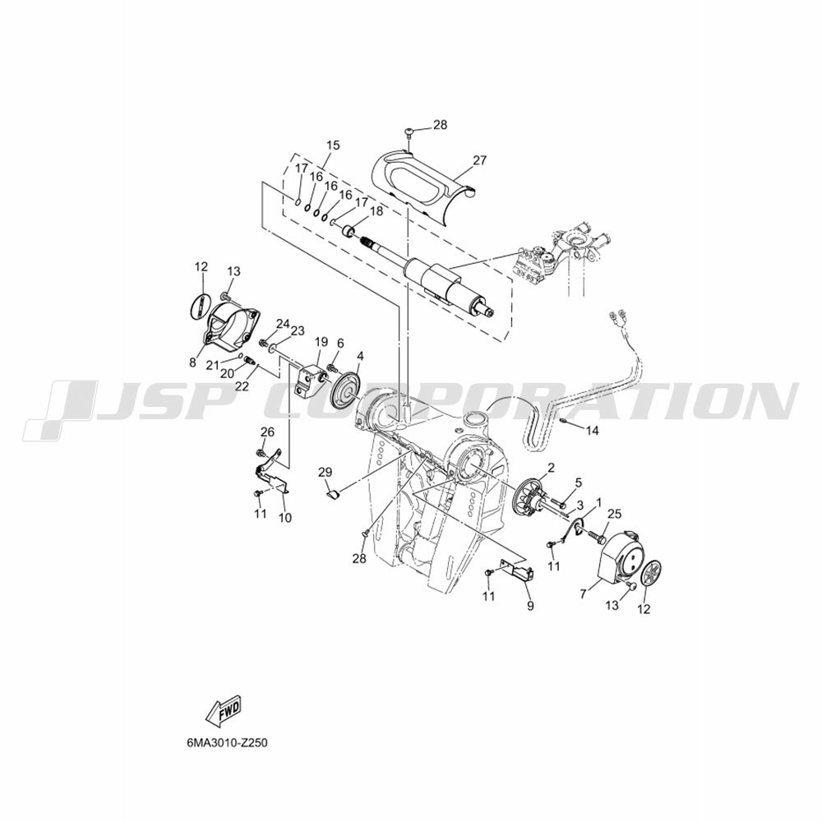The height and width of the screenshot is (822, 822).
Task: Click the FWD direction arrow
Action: [x=224, y=710]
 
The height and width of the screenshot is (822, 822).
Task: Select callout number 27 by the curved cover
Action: [x=480, y=160]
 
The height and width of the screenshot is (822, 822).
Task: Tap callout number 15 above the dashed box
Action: [x=333, y=145]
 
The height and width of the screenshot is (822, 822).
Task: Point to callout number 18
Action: [x=376, y=211]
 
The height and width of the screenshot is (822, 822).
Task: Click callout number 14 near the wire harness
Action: [x=592, y=431]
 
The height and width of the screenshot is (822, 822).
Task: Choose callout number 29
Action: [x=325, y=472]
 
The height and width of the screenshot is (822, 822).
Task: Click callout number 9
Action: [x=530, y=606]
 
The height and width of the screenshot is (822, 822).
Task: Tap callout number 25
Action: [x=614, y=515]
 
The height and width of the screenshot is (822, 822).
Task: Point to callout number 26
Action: [x=267, y=432]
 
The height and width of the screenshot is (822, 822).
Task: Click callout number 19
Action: [x=321, y=342]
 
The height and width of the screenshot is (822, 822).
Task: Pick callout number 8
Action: [x=192, y=362]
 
